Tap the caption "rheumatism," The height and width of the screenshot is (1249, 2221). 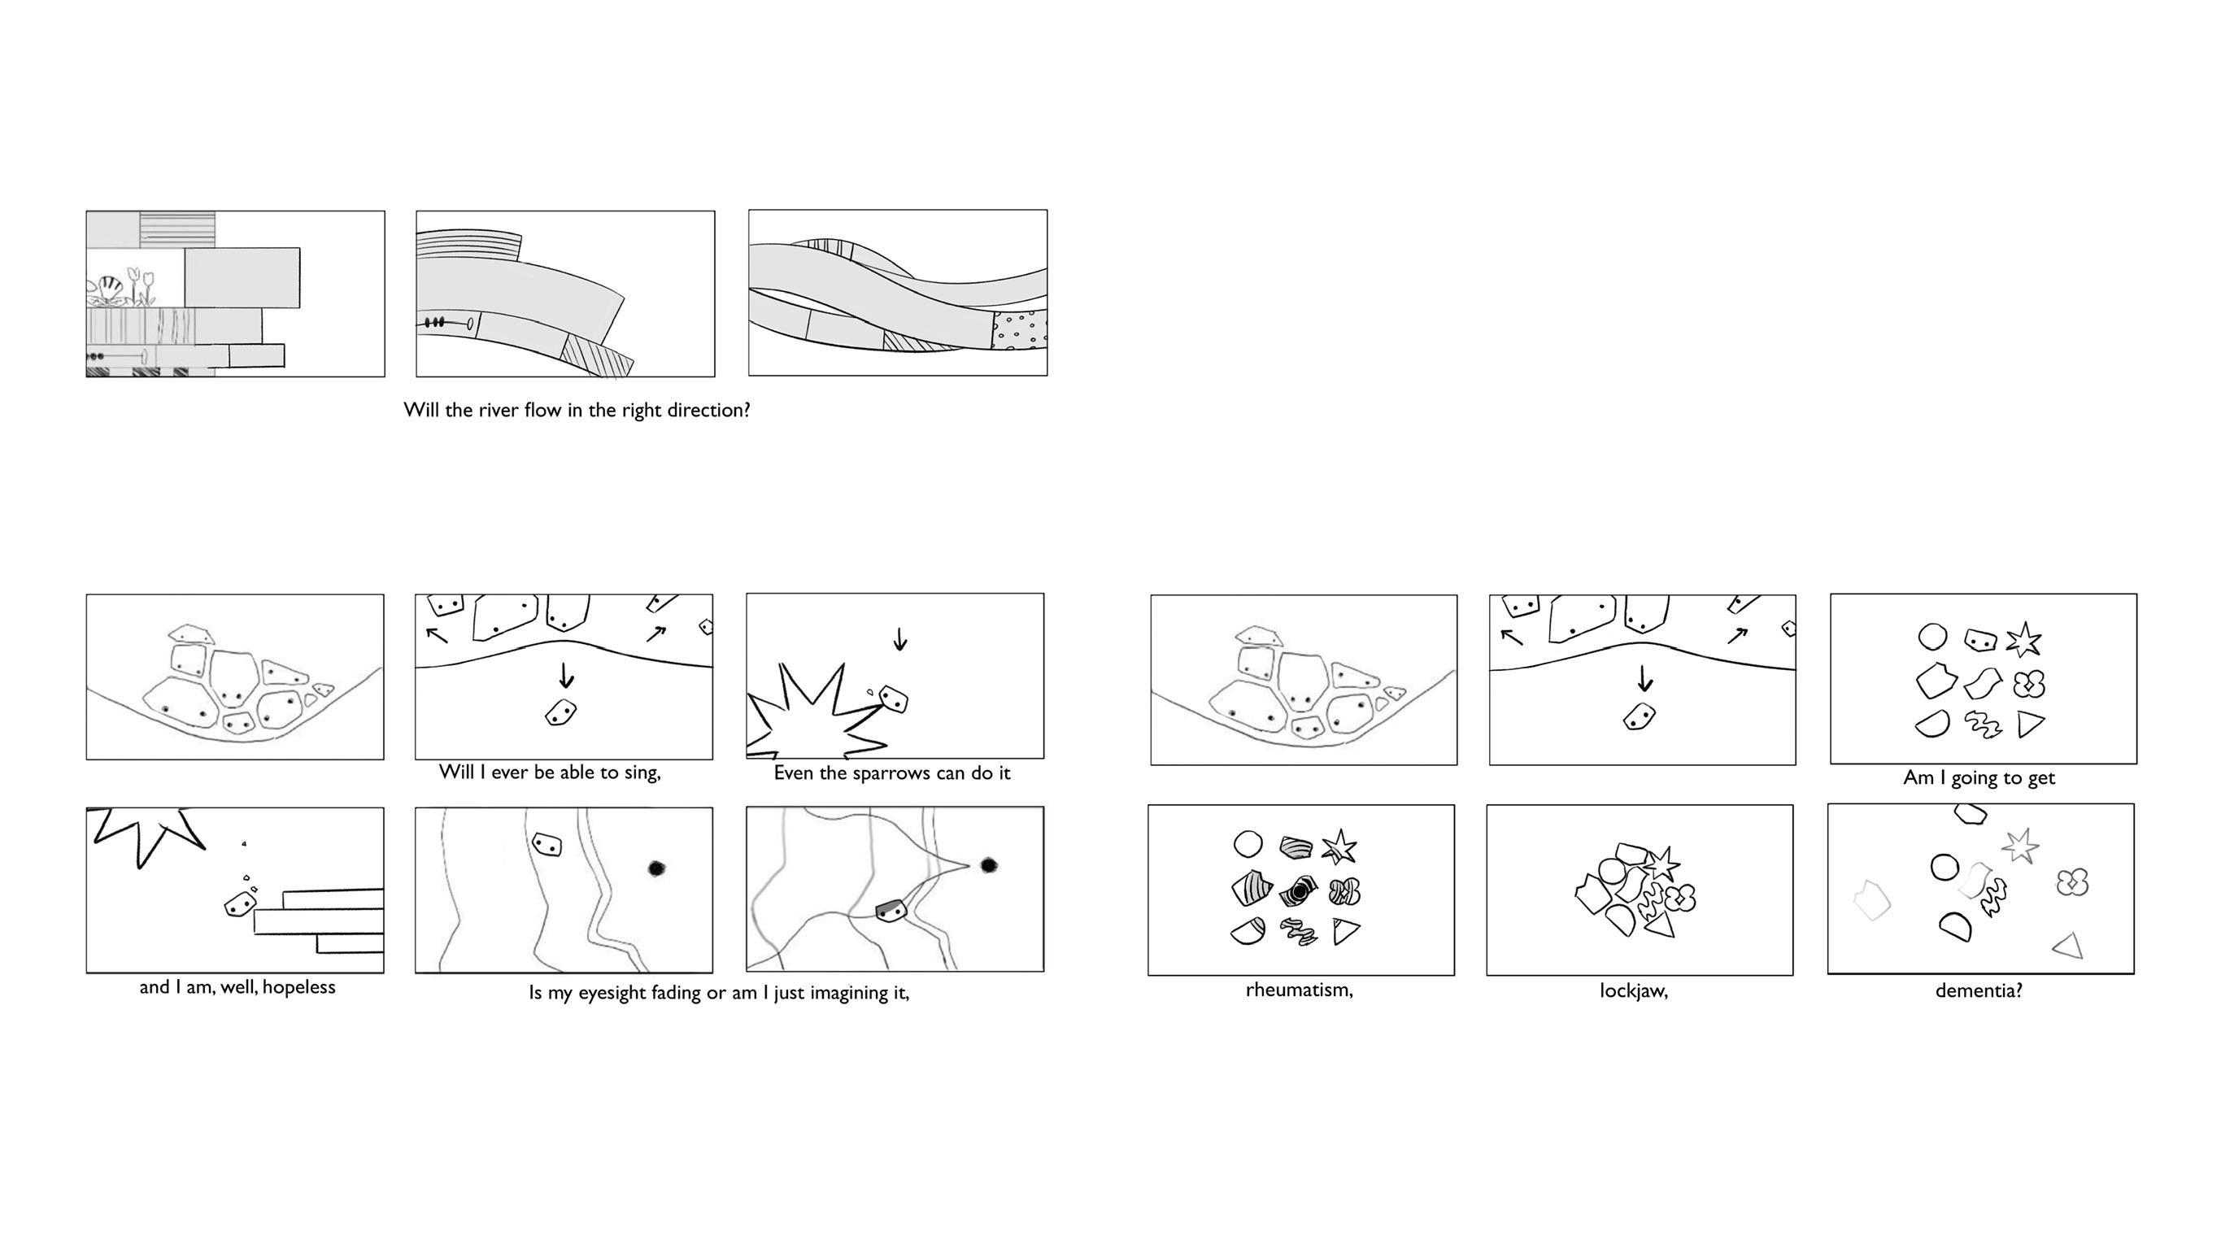tap(1300, 990)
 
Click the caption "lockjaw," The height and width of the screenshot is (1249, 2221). tap(1633, 991)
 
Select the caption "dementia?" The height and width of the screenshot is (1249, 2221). tap(1979, 990)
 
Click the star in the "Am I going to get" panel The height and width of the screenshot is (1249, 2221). tap(2023, 640)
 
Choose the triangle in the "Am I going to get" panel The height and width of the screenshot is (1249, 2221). tap(2031, 724)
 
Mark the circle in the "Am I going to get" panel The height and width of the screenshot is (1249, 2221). tap(1933, 637)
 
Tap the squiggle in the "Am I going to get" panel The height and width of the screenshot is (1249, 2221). tap(1983, 725)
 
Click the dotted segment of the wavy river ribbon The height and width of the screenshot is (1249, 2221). tap(1020, 330)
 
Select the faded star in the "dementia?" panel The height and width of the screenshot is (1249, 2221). tap(2021, 846)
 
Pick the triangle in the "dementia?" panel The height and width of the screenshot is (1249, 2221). tap(2068, 947)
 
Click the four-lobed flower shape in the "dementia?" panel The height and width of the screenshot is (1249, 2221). tap(2072, 881)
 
